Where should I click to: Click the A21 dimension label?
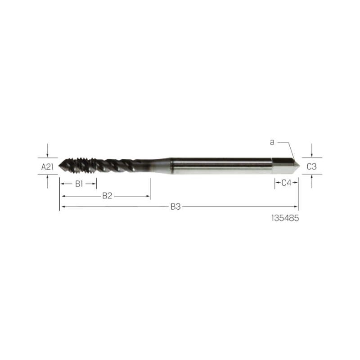[x=47, y=167]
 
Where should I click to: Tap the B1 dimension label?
[x=79, y=184]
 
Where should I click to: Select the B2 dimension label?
[x=107, y=196]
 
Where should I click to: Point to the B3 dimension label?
[x=175, y=207]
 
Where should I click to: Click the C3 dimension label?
[x=311, y=166]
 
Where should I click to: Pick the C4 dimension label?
[x=286, y=183]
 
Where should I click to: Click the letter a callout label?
[x=272, y=142]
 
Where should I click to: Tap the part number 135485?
[x=285, y=218]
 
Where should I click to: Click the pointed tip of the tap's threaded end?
[x=59, y=166]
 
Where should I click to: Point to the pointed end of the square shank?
[x=299, y=165]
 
